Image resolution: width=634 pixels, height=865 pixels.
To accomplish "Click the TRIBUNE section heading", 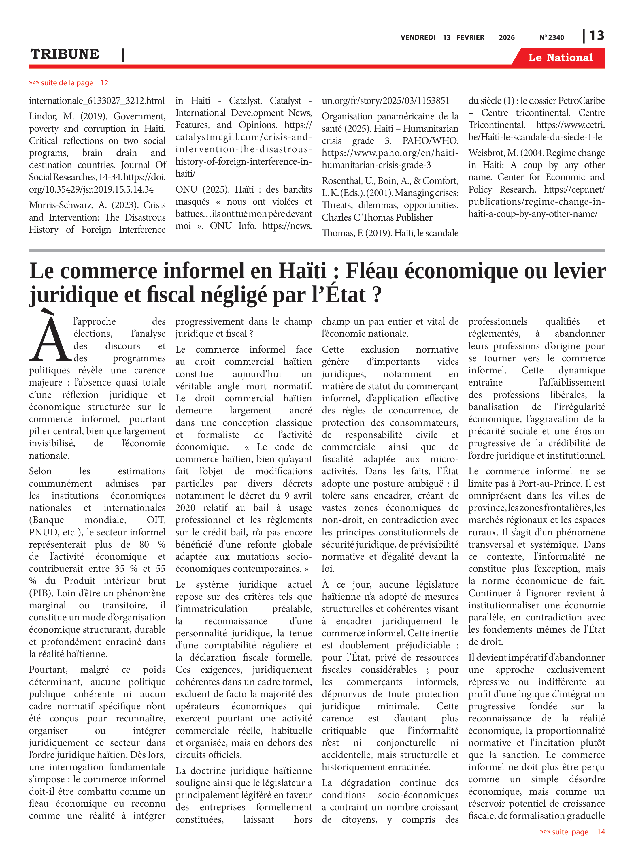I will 65,54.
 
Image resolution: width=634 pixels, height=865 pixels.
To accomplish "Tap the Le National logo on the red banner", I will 560,58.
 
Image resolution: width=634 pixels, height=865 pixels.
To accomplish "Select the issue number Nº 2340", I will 552,37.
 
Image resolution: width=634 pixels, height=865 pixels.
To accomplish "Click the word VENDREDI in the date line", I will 418,37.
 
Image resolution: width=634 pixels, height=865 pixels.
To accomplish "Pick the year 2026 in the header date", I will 506,37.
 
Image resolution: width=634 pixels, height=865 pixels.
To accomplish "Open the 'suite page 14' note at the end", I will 572,832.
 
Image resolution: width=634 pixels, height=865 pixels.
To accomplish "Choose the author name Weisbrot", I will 486,153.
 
